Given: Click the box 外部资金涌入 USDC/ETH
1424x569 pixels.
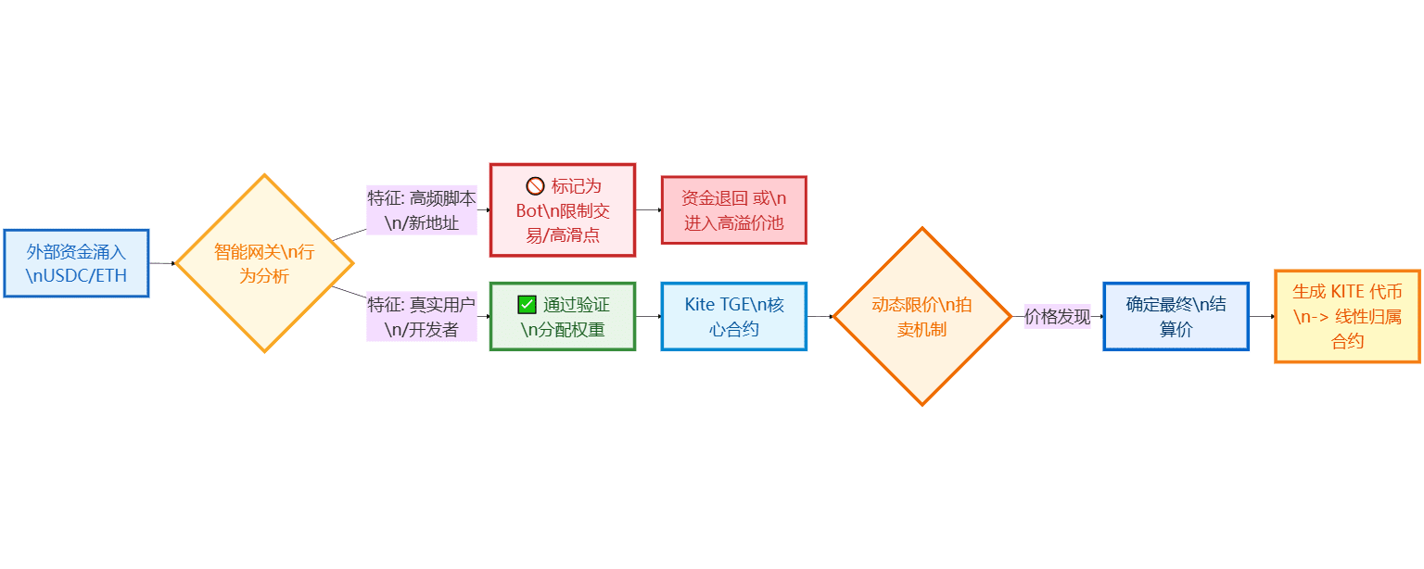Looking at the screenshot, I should click(76, 263).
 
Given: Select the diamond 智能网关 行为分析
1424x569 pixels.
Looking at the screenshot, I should click(265, 263).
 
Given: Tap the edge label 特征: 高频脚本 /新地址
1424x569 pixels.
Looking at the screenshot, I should click(422, 210).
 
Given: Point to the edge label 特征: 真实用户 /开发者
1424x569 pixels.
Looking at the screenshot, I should click(422, 316).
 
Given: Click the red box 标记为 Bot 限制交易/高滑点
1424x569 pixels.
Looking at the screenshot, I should click(562, 210).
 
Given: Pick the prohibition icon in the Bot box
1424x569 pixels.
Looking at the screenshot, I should click(535, 185).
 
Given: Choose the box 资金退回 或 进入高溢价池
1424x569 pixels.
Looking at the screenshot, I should click(733, 210).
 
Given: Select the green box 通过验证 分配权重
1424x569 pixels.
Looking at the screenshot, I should click(562, 316).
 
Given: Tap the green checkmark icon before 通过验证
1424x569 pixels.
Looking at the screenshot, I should click(527, 304).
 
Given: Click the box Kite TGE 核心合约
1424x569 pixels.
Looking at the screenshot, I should click(733, 316).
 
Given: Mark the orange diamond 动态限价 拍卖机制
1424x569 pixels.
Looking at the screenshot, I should click(922, 316).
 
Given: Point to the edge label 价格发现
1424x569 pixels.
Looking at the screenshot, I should click(1057, 316).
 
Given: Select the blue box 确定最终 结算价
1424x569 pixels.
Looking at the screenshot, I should click(1176, 316).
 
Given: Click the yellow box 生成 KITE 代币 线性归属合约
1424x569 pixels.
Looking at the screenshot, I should click(1347, 316).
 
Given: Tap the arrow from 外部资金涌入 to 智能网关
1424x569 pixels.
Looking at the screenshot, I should click(163, 263).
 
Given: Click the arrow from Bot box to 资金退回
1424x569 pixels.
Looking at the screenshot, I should click(648, 210).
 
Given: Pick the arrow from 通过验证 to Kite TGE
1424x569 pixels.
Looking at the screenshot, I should click(648, 316).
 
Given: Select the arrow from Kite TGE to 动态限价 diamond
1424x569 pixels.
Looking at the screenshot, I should click(820, 316).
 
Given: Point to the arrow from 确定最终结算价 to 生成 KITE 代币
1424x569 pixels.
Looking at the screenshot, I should click(1262, 316).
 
